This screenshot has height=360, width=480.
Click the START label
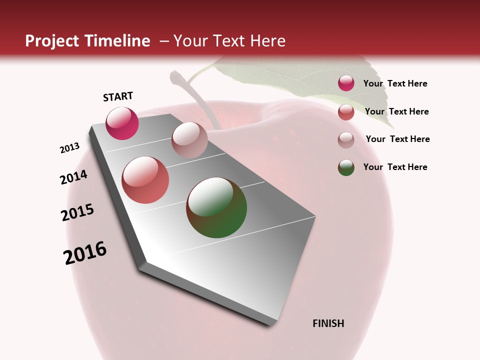click(x=118, y=96)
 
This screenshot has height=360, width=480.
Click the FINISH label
click(x=328, y=323)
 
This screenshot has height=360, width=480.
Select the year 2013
click(x=69, y=148)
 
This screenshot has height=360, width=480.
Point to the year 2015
click(x=77, y=212)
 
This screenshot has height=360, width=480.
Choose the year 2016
click(x=85, y=253)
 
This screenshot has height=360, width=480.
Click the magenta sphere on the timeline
click(x=122, y=123)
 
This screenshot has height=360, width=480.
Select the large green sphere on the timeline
click(x=216, y=207)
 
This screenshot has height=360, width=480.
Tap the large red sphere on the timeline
click(x=145, y=180)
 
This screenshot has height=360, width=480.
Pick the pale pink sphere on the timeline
click(x=189, y=140)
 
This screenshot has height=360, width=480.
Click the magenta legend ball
click(x=346, y=83)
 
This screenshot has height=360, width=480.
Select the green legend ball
click(x=346, y=167)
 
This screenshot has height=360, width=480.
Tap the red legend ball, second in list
click(x=346, y=112)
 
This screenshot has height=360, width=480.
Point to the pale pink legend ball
click(x=346, y=140)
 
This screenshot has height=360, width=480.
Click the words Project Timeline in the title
click(x=87, y=41)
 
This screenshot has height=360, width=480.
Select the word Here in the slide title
click(x=267, y=41)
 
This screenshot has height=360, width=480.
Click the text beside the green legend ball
click(x=395, y=167)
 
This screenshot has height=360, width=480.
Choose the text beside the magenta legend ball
click(x=395, y=83)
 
